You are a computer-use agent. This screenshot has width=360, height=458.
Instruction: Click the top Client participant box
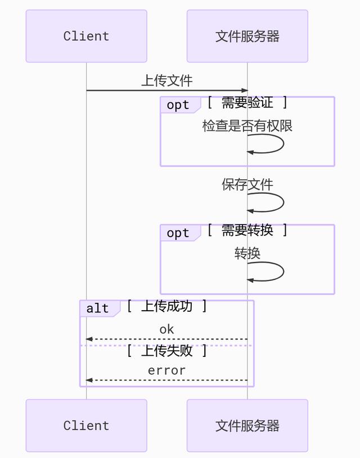86,36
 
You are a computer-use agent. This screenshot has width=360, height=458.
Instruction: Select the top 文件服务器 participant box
247,36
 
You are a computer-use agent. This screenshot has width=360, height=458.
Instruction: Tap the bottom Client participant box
86,425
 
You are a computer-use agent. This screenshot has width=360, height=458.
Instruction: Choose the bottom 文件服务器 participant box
247,425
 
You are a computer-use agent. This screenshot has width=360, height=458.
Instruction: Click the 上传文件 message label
166,80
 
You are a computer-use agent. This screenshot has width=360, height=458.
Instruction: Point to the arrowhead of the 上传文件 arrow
245,90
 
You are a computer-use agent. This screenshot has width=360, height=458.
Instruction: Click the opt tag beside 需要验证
178,105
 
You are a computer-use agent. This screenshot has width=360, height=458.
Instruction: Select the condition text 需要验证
247,102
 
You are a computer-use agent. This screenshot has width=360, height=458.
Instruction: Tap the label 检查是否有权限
247,126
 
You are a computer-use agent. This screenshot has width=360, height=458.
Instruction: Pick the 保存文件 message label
247,184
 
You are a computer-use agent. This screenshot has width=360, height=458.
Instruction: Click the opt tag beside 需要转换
178,233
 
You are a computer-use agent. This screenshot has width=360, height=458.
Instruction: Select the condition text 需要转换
247,230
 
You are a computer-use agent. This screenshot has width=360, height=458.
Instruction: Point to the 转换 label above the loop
247,253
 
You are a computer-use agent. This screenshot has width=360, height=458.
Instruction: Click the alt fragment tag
98,309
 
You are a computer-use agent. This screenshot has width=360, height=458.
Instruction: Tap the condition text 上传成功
166,306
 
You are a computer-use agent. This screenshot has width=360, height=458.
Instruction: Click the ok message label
166,329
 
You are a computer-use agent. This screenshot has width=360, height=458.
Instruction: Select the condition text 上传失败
166,351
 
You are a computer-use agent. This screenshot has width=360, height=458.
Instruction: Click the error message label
166,370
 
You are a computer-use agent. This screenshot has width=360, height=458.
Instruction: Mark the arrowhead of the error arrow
89,380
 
